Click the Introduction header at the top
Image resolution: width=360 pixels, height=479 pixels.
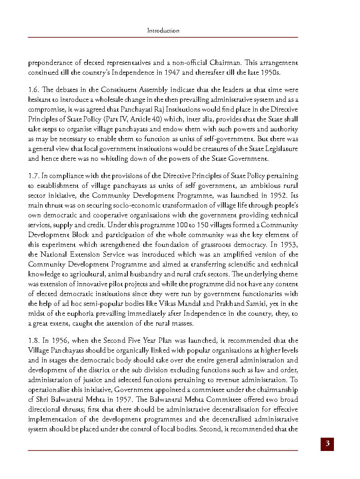pyautogui.click(x=163, y=30)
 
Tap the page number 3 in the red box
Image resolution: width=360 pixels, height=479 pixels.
pyautogui.click(x=327, y=444)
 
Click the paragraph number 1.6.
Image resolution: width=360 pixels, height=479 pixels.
pyautogui.click(x=34, y=90)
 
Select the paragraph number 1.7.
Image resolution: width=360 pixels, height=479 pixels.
pyautogui.click(x=34, y=176)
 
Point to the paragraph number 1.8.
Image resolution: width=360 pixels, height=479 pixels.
pyautogui.click(x=34, y=340)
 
